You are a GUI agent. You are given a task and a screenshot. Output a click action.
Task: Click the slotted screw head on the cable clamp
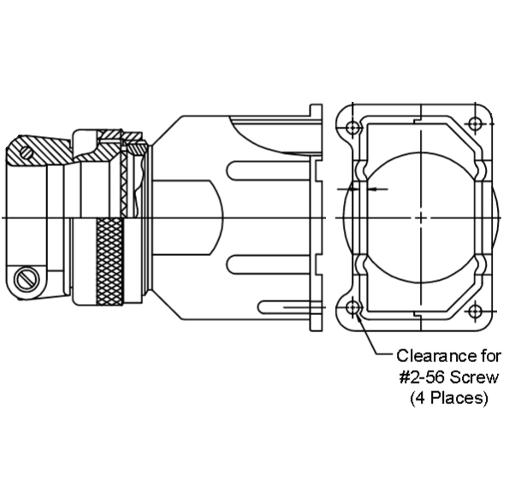click(x=26, y=278)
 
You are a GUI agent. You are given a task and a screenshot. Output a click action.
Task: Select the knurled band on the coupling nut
click(x=109, y=261)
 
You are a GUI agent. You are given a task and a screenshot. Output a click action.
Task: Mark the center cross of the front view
click(x=421, y=217)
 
